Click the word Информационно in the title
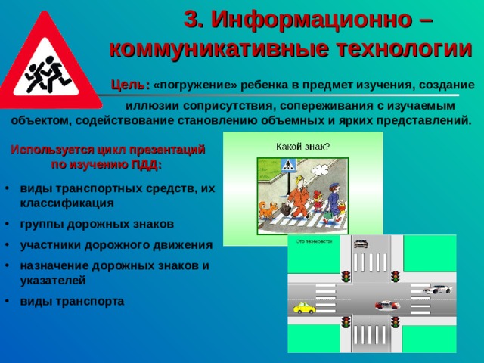[x=302, y=20]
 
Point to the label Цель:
[x=130, y=85]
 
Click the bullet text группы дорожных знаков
[x=97, y=224]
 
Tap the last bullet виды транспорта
[x=72, y=300]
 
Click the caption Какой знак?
[x=302, y=145]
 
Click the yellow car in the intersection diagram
[x=303, y=308]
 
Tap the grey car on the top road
[x=361, y=244]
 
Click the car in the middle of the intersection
[x=386, y=305]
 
